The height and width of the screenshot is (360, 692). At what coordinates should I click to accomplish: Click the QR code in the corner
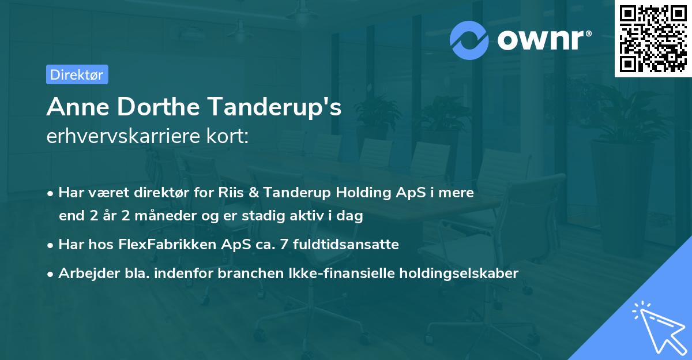[x=653, y=39]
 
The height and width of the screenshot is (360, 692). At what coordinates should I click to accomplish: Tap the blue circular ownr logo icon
[x=470, y=40]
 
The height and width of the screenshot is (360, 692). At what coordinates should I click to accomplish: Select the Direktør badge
[x=77, y=74]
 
